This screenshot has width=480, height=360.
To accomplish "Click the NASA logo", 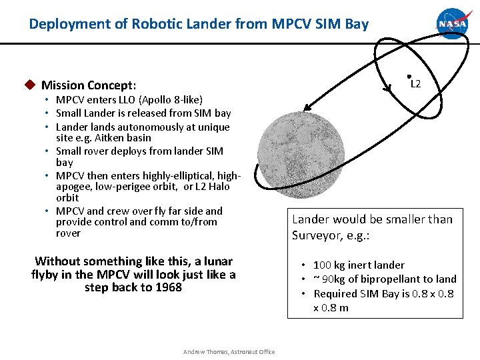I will [453, 24].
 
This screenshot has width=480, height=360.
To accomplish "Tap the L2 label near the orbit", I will [415, 85].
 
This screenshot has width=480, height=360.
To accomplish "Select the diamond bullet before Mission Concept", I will [29, 85].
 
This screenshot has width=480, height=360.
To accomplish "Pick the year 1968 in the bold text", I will [166, 287].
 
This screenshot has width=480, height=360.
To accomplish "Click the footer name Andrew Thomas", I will [205, 352].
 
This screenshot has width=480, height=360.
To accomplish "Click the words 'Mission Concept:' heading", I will [89, 85].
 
